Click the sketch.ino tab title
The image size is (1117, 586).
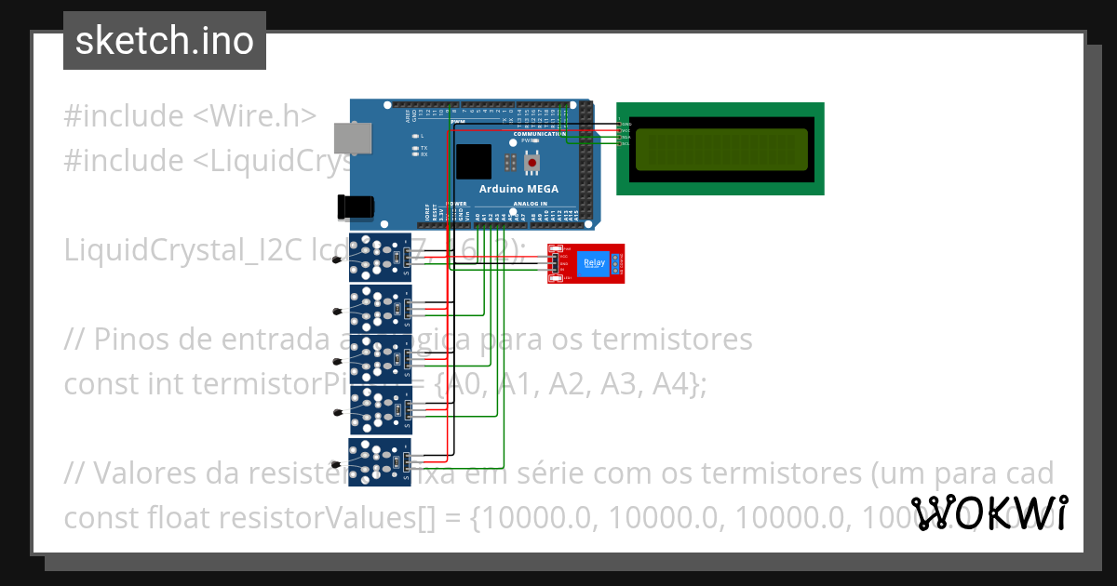tap(164, 41)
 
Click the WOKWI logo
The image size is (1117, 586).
tap(989, 513)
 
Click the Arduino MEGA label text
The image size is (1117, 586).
tap(518, 188)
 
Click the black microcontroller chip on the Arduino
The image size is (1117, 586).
tap(473, 162)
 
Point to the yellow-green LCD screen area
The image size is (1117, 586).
tap(720, 149)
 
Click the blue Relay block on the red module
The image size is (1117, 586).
tap(593, 264)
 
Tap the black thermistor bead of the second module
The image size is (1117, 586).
tap(337, 310)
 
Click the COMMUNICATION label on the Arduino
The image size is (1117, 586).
tap(540, 134)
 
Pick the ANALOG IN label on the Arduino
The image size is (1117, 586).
tap(530, 204)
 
